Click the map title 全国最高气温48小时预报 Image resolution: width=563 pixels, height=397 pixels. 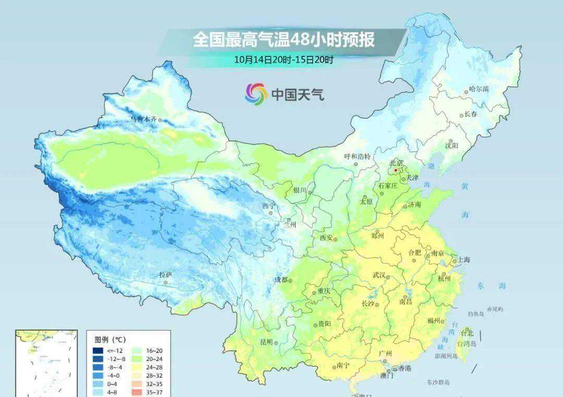[284, 39]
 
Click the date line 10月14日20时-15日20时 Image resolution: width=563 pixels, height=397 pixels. [284, 59]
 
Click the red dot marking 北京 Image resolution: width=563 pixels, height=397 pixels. [396, 170]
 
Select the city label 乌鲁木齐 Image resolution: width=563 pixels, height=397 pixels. [143, 119]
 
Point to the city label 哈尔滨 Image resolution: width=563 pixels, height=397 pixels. [479, 89]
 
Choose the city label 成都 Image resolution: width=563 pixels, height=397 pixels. [281, 279]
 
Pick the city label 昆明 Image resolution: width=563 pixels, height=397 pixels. [266, 342]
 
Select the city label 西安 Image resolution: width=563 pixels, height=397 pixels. [326, 238]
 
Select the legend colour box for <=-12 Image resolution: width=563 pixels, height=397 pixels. [98, 351]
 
